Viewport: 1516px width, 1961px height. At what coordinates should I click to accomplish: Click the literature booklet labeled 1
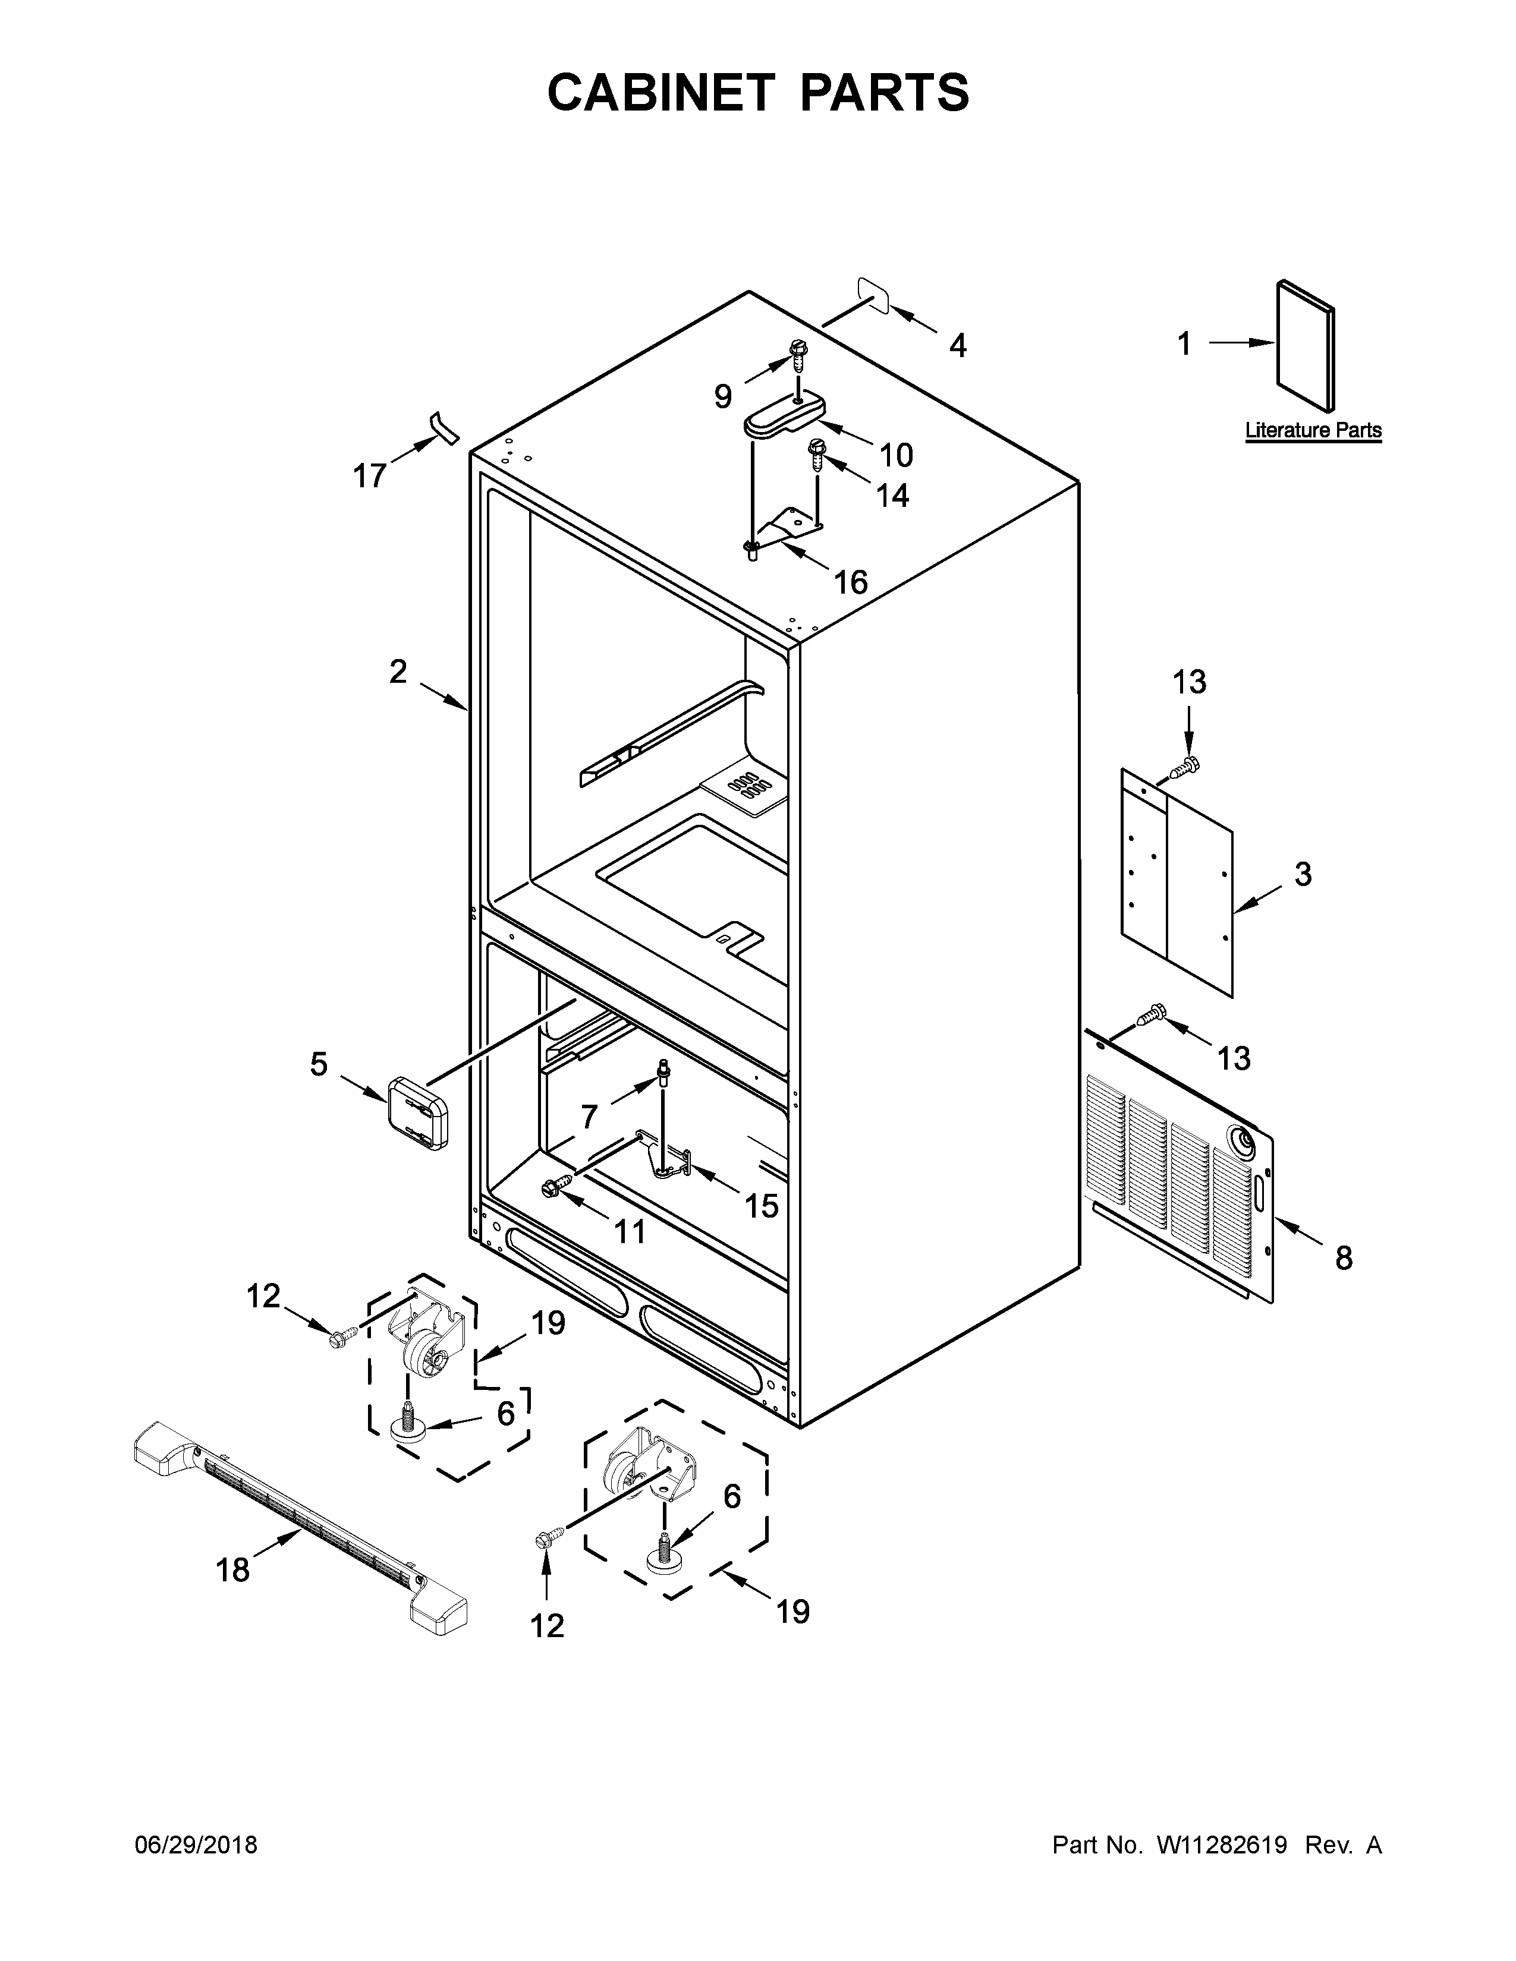tap(1305, 346)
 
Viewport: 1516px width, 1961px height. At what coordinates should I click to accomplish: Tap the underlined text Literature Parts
tap(1313, 430)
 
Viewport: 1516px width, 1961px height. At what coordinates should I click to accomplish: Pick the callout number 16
tap(851, 583)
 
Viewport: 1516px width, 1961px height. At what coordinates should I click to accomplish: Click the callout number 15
tap(761, 1206)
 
